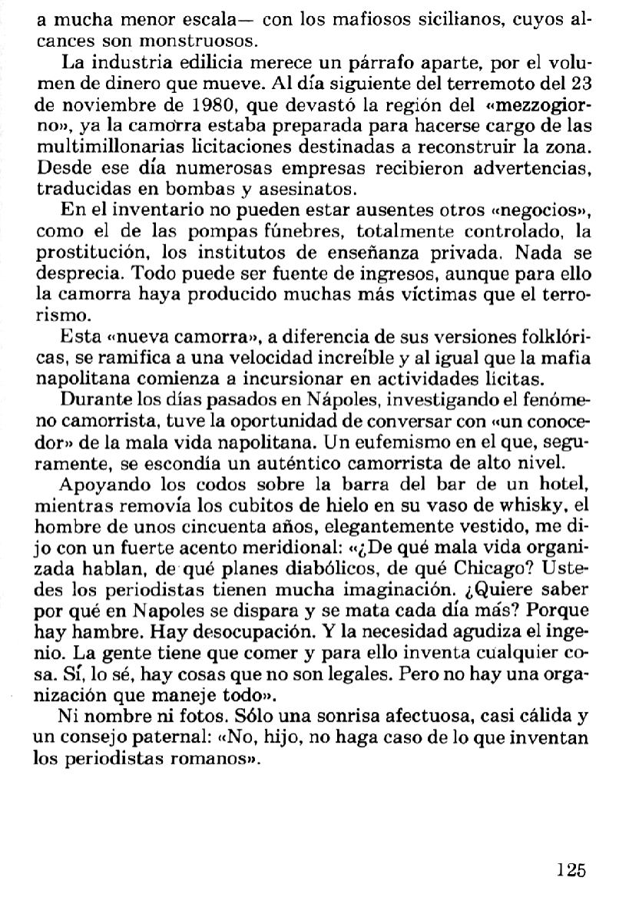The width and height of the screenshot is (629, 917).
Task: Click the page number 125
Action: tap(571, 869)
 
